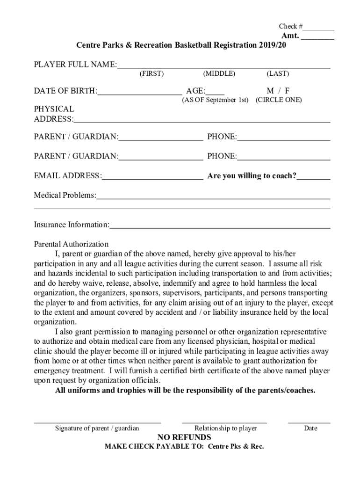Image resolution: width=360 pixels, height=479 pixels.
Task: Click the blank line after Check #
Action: click(x=321, y=29)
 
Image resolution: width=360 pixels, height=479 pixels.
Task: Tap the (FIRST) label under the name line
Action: click(x=151, y=73)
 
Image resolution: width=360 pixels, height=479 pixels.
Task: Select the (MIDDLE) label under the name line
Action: click(x=219, y=73)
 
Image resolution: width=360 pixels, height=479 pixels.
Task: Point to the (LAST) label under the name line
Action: click(x=278, y=73)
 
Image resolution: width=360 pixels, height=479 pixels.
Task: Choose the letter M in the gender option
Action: click(x=270, y=91)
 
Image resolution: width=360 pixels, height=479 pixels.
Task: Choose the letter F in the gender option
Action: click(x=287, y=91)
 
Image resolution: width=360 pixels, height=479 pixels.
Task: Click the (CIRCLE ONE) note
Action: click(x=279, y=100)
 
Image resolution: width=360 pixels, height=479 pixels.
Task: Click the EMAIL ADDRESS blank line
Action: click(x=152, y=178)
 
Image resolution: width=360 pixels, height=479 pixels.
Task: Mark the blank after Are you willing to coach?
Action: click(x=314, y=178)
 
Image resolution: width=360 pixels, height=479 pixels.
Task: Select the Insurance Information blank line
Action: click(x=220, y=227)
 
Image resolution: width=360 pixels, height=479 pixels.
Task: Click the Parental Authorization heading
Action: click(x=71, y=244)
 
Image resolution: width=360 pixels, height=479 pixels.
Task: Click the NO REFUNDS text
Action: click(x=184, y=437)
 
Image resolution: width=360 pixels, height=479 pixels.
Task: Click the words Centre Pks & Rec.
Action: click(x=236, y=447)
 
